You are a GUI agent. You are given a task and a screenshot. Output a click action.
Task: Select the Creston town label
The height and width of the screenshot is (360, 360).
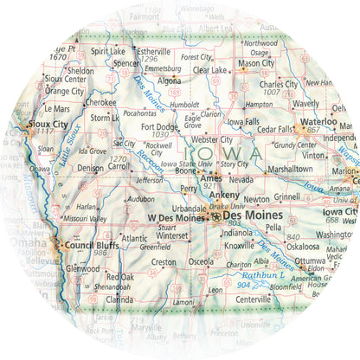[164, 261]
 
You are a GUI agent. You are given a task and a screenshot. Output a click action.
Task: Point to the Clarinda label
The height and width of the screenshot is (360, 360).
[119, 299]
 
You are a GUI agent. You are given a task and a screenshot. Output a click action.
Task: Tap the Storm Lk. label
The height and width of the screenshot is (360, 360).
[105, 117]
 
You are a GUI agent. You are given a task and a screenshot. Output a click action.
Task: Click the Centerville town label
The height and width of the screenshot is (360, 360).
[254, 299]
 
